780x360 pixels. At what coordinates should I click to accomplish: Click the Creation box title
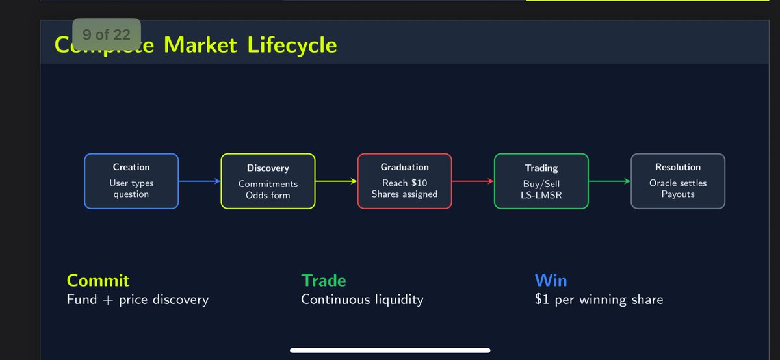tap(131, 168)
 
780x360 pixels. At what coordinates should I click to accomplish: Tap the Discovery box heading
tap(268, 168)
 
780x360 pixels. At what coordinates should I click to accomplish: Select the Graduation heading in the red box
tap(404, 168)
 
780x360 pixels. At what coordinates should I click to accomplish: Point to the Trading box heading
tap(541, 168)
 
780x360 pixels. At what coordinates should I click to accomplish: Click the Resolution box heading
tap(678, 168)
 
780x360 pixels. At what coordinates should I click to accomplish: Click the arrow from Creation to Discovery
tap(199, 181)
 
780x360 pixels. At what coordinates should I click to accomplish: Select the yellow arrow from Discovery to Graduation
tap(335, 181)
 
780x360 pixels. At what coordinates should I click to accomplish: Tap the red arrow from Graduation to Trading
tap(473, 181)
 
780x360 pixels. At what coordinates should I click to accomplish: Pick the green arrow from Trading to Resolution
tap(609, 181)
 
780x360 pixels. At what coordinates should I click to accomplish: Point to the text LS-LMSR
tap(541, 195)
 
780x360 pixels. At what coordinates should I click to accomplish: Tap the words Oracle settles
tap(678, 183)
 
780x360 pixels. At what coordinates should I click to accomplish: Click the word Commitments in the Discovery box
tap(268, 184)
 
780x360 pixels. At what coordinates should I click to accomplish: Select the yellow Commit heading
tap(98, 281)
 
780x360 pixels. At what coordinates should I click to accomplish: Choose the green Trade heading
tap(323, 281)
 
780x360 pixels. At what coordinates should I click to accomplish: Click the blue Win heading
tap(551, 281)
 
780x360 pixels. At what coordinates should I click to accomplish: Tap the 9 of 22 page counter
tap(107, 34)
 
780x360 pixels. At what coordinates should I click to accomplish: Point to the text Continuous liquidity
tap(362, 300)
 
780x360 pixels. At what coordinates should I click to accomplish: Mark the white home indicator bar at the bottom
tap(389, 351)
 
